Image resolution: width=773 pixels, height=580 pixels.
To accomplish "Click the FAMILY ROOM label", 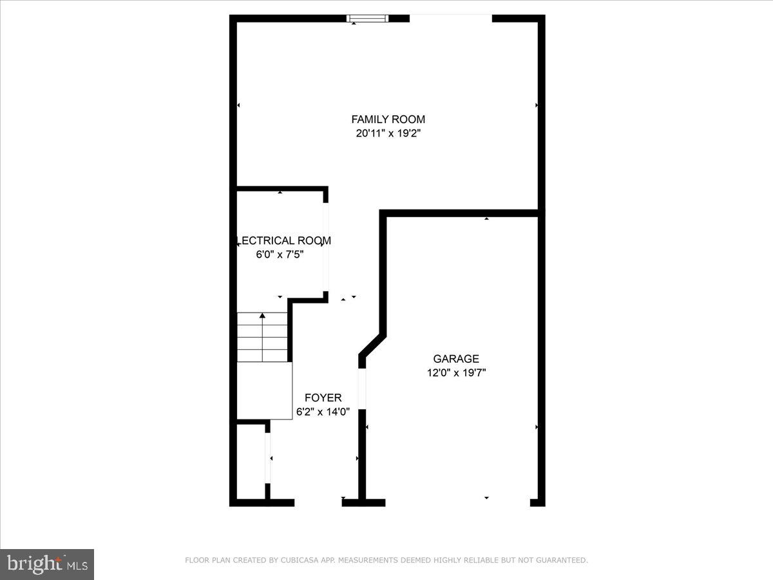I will coord(388,119).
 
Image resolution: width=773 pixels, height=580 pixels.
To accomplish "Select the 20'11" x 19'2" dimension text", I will coord(388,134).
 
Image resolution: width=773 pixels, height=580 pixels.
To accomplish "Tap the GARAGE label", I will coord(455,359).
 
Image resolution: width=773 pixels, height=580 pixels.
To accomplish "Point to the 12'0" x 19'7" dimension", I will coord(455,372).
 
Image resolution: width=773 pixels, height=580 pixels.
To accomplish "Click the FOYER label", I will coord(323,398).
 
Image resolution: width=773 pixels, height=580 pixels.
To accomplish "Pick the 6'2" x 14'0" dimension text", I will coord(323,411).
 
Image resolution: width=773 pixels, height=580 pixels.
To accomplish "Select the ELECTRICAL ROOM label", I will coord(285,240).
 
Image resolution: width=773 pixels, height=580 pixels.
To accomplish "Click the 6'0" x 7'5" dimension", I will coord(280,255).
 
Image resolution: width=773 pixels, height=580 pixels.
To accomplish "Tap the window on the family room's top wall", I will coord(367,19).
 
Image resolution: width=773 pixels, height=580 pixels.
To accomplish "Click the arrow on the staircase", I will coord(262,316).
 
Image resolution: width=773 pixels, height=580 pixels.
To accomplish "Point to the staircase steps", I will coord(262,337).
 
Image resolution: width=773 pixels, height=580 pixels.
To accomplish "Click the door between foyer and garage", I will coord(362,388).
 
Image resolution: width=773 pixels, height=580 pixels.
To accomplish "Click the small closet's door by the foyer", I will coord(267,458).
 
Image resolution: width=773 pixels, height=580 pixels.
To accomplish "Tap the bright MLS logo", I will coord(47,564).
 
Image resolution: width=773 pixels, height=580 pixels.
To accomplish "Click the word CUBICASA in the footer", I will coord(298,561).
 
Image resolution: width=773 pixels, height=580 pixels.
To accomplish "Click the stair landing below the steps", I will coord(264,391).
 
